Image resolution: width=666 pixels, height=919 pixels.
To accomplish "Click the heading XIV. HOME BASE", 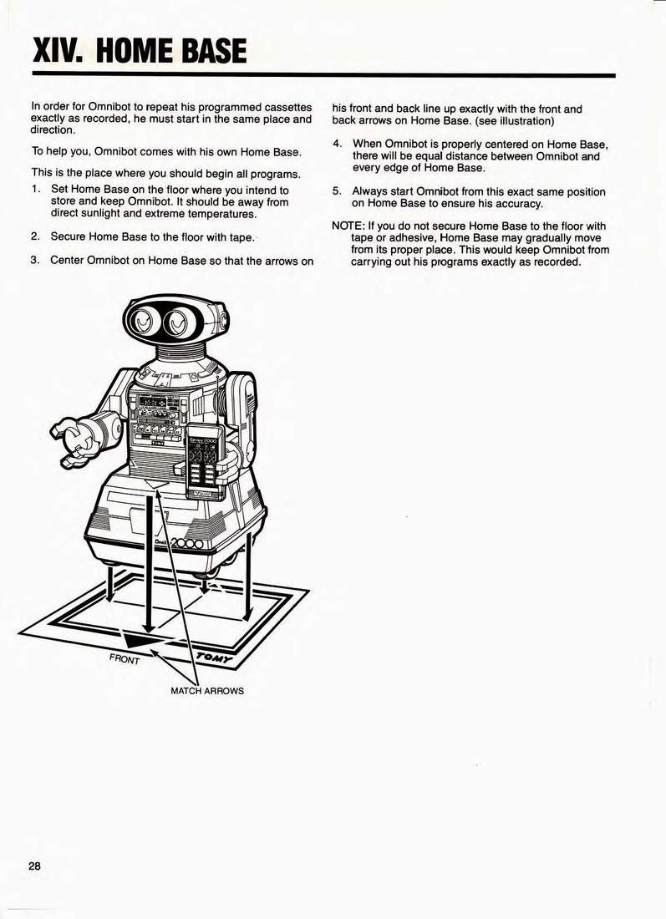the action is [140, 50].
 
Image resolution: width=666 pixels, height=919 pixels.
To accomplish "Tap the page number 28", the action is [34, 866].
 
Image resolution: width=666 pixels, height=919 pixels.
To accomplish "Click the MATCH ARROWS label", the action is [207, 691].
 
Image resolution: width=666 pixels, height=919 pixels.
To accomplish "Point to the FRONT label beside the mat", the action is [125, 659].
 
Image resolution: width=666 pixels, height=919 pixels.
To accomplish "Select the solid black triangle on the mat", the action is [144, 639].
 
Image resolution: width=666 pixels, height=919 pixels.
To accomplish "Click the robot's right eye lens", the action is [178, 323].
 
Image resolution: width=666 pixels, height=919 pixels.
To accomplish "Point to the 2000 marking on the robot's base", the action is [186, 545].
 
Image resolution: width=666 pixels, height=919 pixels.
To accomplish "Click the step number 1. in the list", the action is [35, 190].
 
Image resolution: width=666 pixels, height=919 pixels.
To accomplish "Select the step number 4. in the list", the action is [337, 144].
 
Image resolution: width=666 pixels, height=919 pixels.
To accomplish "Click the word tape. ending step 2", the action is [242, 237].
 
